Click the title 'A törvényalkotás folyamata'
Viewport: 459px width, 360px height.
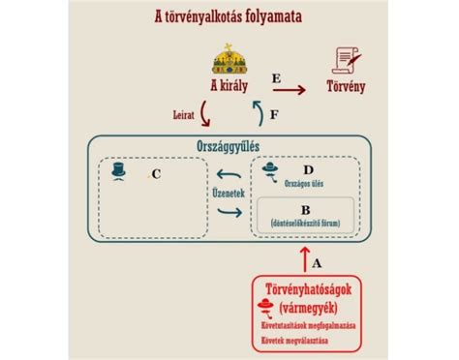(x=229, y=15)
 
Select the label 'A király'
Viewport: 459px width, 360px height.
(x=230, y=85)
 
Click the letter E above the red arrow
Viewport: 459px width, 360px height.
(x=277, y=77)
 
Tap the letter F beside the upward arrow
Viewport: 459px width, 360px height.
(x=274, y=114)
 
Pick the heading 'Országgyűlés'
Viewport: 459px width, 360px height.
(x=229, y=145)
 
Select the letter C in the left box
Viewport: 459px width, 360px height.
(x=155, y=174)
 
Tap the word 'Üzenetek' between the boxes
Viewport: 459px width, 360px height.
(x=229, y=191)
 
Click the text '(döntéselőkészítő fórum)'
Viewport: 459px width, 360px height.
(x=306, y=222)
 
